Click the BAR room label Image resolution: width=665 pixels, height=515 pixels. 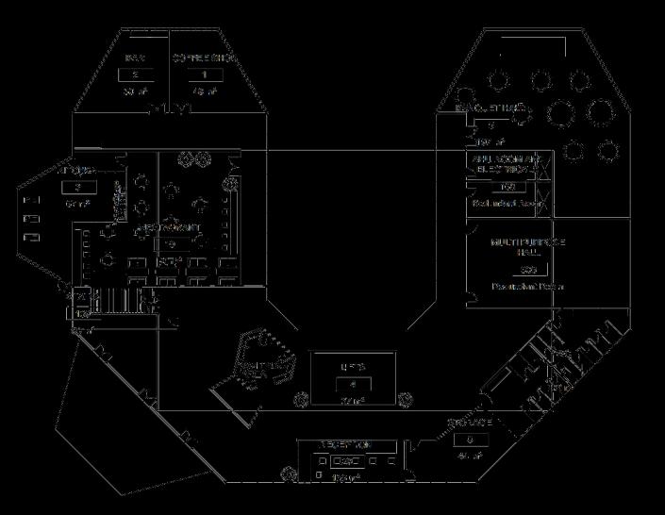point(134,58)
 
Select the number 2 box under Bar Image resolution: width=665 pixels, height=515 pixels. point(135,75)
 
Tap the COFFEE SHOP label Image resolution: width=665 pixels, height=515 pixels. point(204,58)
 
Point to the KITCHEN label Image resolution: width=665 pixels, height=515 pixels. point(76,171)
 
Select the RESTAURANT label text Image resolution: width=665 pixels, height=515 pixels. point(170,229)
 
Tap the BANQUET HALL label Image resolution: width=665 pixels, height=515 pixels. point(490,109)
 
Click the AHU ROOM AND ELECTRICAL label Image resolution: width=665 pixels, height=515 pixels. point(507,166)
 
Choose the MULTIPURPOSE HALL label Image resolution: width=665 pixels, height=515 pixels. point(527,248)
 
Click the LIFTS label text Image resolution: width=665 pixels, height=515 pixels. point(353,366)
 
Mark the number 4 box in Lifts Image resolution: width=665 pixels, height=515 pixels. point(353,384)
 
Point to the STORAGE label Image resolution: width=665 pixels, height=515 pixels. point(470,423)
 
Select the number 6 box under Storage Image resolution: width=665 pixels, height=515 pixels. point(469,440)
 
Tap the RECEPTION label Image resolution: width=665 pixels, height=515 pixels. point(348,444)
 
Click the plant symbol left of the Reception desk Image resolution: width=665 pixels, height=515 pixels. point(287,467)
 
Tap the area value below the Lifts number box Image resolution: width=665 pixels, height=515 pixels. point(352,400)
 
